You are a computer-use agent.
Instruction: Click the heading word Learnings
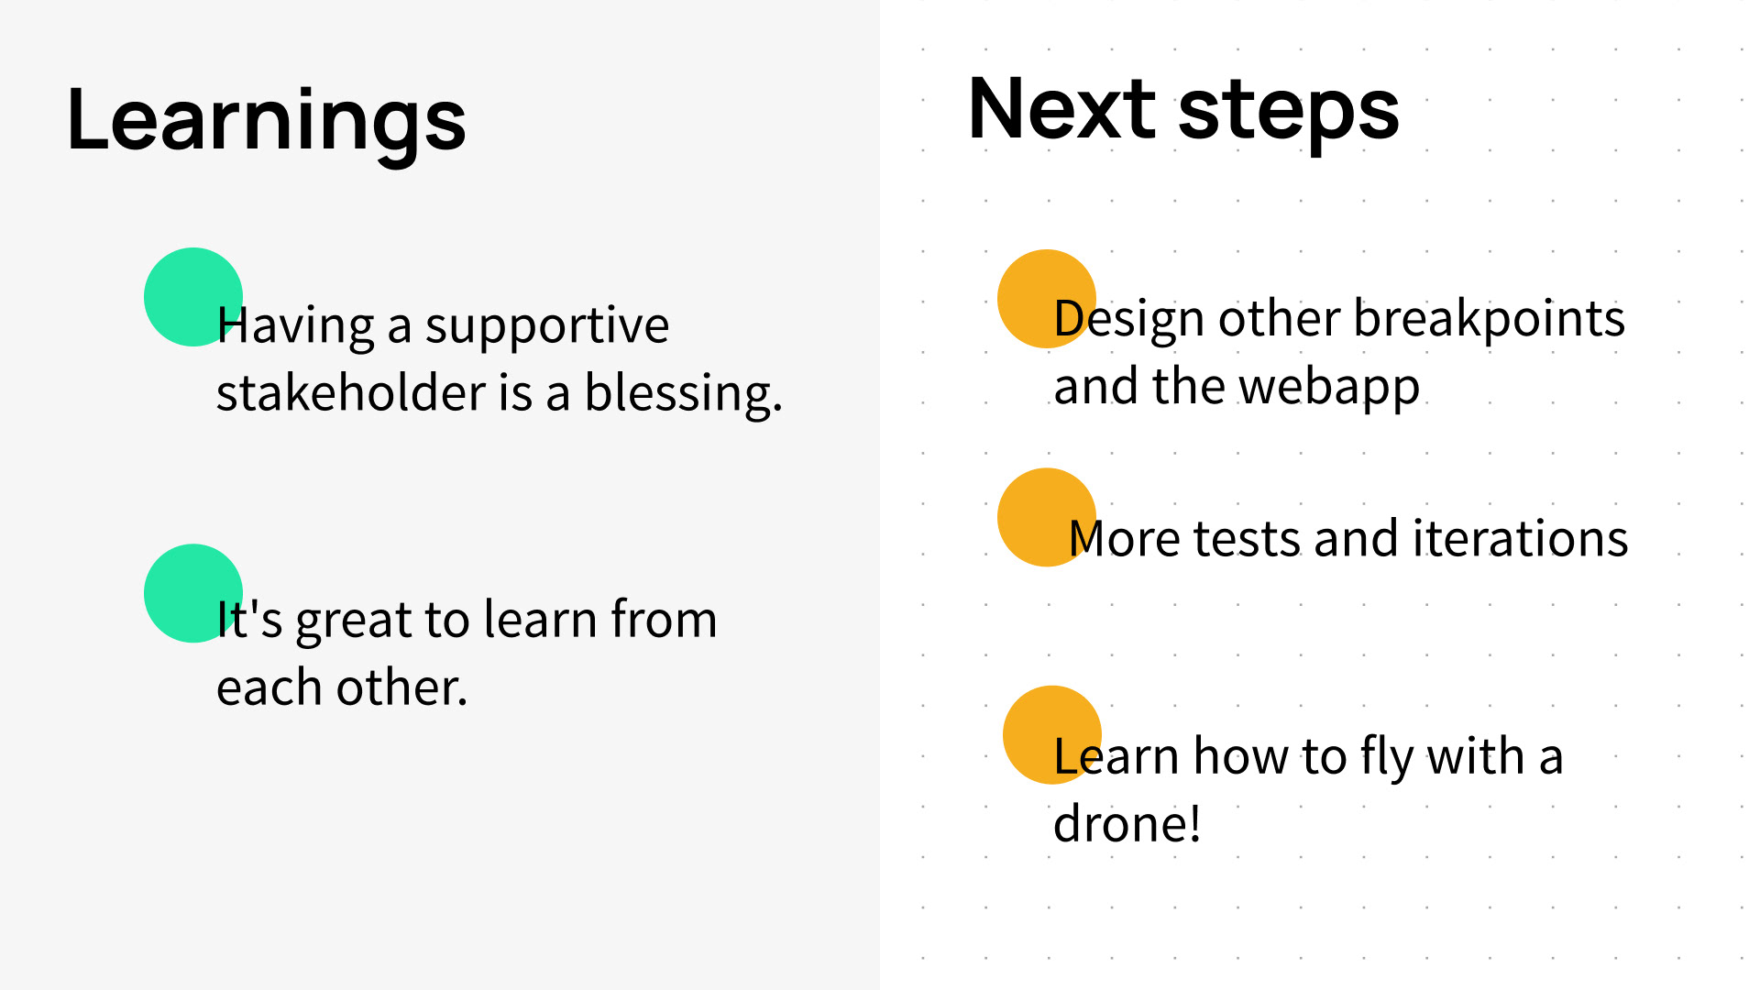point(267,122)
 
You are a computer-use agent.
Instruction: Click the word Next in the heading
point(1062,109)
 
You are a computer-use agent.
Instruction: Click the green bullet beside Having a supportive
point(193,297)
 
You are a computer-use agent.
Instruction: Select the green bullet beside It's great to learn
point(193,593)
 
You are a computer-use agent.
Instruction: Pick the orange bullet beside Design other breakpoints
point(1047,299)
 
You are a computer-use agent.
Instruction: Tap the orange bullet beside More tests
point(1047,517)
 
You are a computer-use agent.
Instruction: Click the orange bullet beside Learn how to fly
point(1052,735)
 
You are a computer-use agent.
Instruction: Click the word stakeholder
point(351,392)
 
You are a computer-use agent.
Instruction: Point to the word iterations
point(1521,538)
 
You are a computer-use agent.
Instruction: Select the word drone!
point(1127,823)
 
